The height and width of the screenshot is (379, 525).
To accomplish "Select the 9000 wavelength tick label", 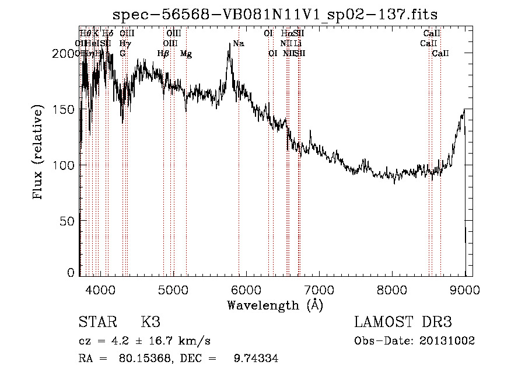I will click(x=464, y=289).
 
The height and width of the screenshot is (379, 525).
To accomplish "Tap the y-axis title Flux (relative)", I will click(x=39, y=153).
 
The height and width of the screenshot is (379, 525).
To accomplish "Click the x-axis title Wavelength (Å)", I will click(x=275, y=305).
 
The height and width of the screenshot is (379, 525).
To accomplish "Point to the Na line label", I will click(x=238, y=43).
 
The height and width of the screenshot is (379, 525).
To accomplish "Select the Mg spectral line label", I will click(x=186, y=53).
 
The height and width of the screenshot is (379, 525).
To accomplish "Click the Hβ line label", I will click(x=163, y=53).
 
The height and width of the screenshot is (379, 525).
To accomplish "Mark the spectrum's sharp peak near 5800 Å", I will click(x=229, y=44).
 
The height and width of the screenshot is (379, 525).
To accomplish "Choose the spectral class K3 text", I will click(x=150, y=322).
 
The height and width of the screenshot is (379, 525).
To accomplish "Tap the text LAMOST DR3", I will click(x=403, y=322).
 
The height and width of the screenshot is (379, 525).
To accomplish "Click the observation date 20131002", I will click(x=447, y=340).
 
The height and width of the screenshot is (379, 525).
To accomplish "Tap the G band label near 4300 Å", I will click(x=123, y=53).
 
